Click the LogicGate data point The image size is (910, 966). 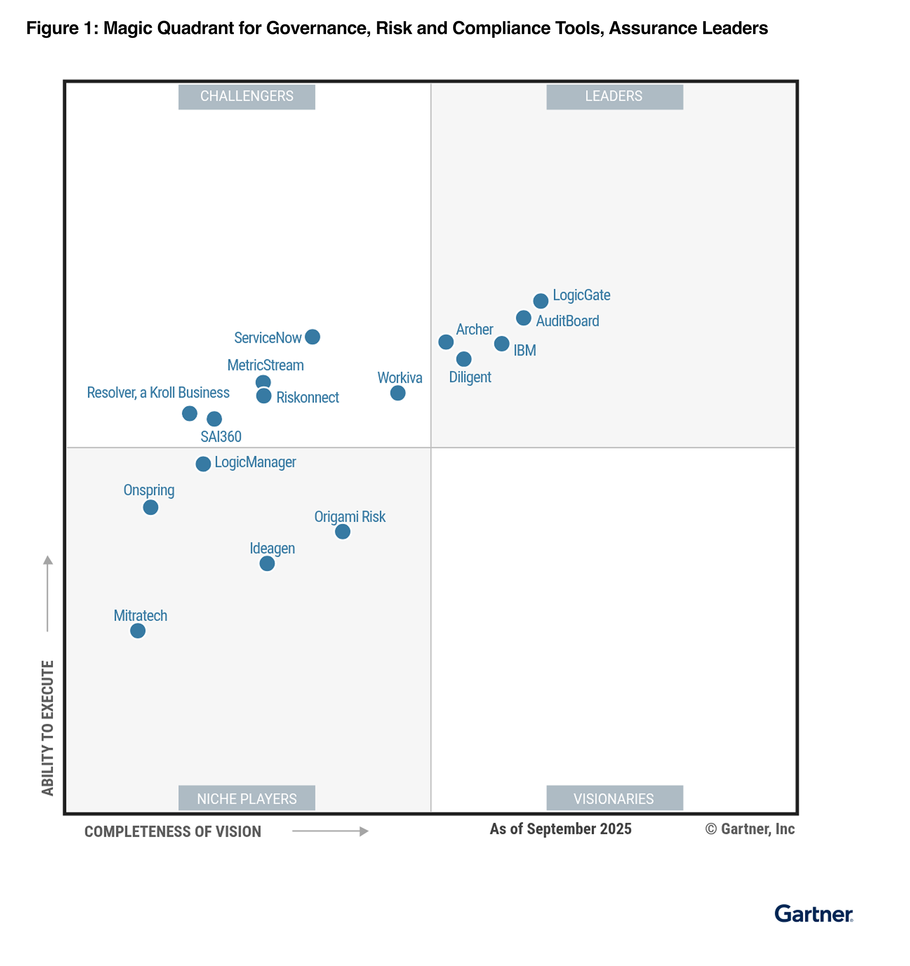540,301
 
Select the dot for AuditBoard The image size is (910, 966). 523,318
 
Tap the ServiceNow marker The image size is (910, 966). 312,336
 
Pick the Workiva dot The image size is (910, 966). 397,393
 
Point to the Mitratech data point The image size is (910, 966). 138,631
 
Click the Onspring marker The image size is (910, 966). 151,507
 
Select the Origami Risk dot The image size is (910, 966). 342,532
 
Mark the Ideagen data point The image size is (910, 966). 267,564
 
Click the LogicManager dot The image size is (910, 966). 203,464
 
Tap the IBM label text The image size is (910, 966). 525,350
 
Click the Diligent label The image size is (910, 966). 470,377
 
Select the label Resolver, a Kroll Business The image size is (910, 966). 158,393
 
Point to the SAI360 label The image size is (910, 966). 221,436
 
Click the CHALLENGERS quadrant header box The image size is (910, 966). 246,97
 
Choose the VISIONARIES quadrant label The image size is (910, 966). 614,798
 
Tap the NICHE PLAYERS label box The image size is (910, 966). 246,798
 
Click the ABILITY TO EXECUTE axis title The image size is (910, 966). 48,728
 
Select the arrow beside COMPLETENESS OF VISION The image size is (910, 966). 330,831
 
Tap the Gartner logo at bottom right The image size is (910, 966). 813,914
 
